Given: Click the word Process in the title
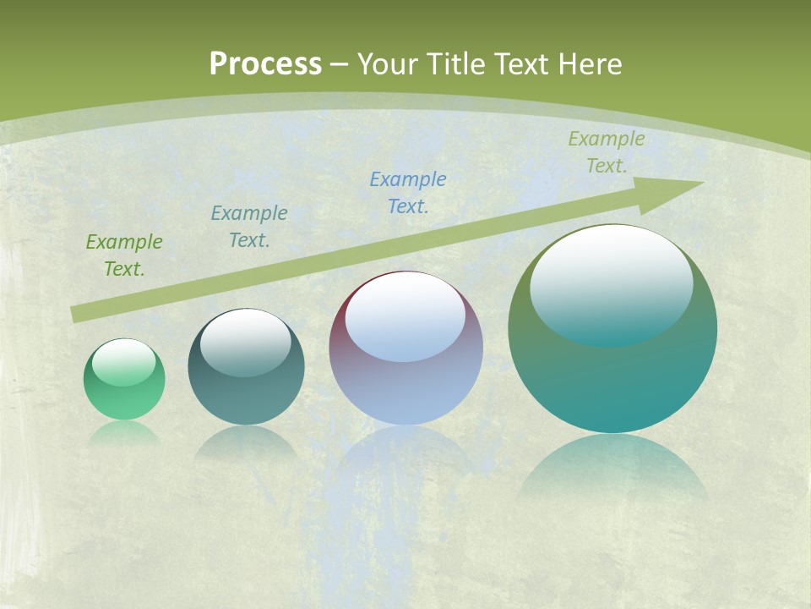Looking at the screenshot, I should [x=265, y=64].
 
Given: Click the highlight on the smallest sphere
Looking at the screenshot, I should [x=124, y=360].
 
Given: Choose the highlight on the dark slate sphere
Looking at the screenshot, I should [x=246, y=341].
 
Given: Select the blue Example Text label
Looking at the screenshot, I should [x=408, y=193].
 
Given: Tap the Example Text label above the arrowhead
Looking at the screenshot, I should [x=607, y=152].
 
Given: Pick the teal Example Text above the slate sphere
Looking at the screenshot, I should [x=249, y=227].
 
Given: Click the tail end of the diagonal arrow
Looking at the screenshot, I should [x=76, y=315].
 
